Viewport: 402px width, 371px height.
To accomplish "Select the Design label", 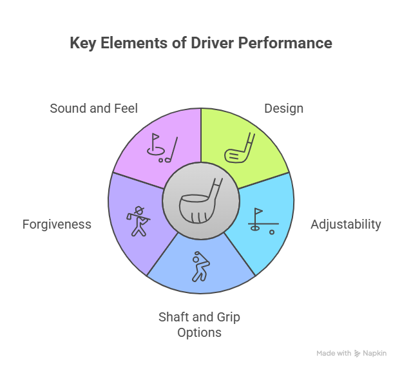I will pyautogui.click(x=283, y=108).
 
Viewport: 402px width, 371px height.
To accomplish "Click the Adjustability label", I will pyautogui.click(x=345, y=225).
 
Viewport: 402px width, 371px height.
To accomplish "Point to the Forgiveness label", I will pyautogui.click(x=57, y=225).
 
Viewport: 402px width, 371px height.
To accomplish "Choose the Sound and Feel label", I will pyautogui.click(x=93, y=108).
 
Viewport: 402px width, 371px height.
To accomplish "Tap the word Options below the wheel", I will pyautogui.click(x=200, y=333).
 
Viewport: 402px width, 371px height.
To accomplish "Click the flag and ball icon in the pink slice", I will pyautogui.click(x=161, y=147).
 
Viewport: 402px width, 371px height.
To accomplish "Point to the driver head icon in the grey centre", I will pyautogui.click(x=201, y=200).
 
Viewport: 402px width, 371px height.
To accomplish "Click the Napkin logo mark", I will pyautogui.click(x=357, y=354).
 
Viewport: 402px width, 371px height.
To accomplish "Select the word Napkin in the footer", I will pyautogui.click(x=375, y=354).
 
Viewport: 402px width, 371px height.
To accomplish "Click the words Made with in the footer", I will pyautogui.click(x=334, y=354).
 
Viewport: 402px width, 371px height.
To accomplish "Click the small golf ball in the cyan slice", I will pyautogui.click(x=271, y=231).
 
